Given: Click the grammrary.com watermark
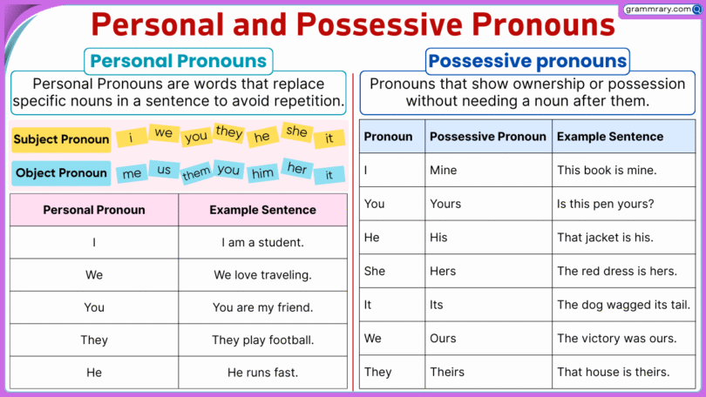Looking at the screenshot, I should (x=662, y=10).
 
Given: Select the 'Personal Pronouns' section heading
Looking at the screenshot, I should (x=178, y=61).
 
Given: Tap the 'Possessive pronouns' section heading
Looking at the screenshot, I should (x=527, y=61).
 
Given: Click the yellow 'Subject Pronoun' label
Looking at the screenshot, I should (x=62, y=139).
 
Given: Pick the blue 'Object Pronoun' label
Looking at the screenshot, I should (x=61, y=172).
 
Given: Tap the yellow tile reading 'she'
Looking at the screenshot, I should (x=297, y=131).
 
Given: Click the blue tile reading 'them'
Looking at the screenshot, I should (x=195, y=174).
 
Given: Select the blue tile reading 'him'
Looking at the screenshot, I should (x=262, y=173).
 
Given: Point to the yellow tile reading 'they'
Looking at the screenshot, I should (x=228, y=132).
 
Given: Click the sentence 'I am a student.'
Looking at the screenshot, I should (x=262, y=243).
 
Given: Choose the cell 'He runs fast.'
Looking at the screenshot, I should (x=262, y=372).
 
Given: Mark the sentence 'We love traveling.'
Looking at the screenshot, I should (x=262, y=275).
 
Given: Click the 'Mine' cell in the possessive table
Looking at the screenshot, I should (x=443, y=170).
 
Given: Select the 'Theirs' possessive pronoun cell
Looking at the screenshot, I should (x=447, y=372).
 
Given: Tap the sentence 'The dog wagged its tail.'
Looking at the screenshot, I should (x=623, y=305).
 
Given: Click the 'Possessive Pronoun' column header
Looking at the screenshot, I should (x=488, y=137).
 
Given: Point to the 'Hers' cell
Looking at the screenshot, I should (x=443, y=271).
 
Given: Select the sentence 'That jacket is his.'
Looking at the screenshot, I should (x=605, y=237).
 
